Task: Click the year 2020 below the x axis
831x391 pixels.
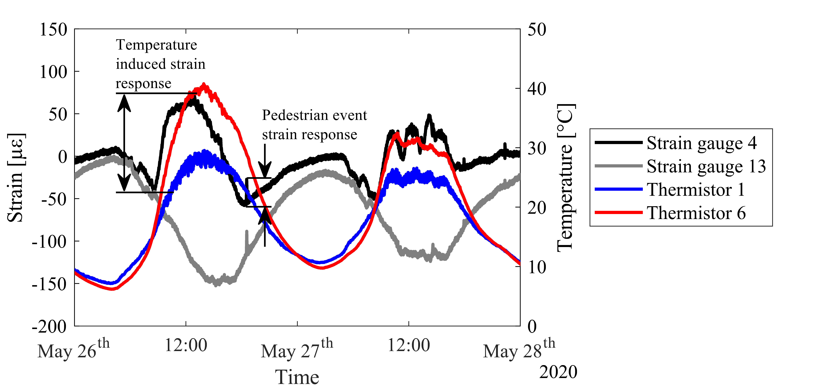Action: pos(558,372)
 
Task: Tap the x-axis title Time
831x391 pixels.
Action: pos(297,377)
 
